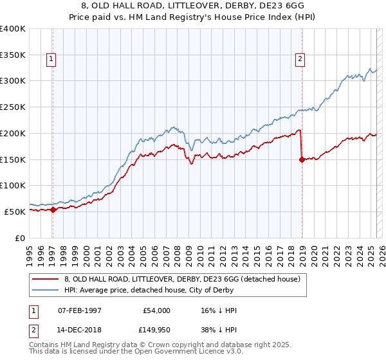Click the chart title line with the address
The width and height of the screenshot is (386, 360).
point(193,6)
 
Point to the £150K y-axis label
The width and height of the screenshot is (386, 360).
point(13,159)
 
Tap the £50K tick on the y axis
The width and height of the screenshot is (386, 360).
point(15,212)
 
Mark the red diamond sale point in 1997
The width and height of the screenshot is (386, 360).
point(53,210)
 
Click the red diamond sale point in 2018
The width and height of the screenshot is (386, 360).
point(302,160)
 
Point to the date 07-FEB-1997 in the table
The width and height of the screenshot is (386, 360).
point(80,310)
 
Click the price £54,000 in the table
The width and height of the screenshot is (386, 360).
point(156,310)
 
